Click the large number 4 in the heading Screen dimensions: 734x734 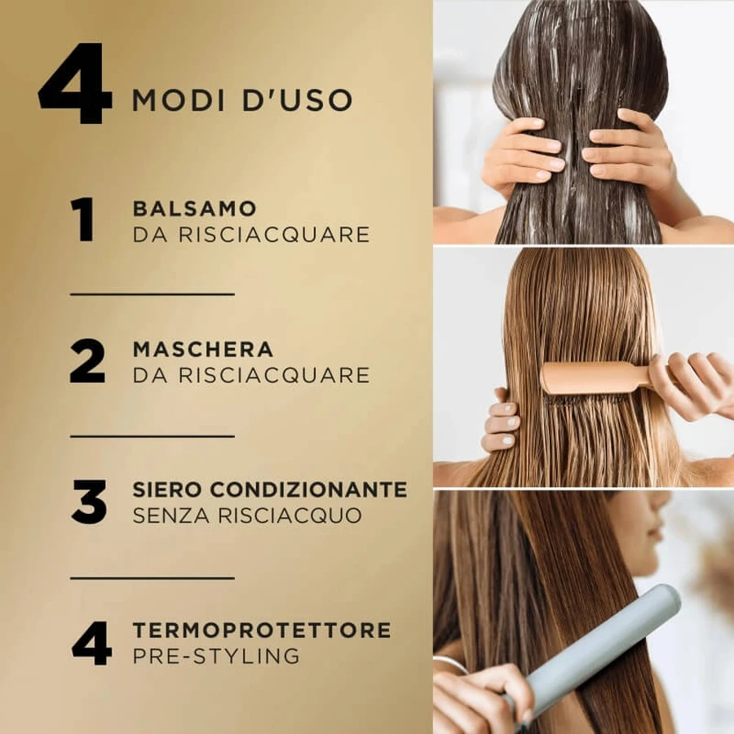pyautogui.click(x=75, y=84)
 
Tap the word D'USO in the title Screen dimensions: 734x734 pyautogui.click(x=297, y=99)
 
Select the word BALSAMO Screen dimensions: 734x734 pyautogui.click(x=195, y=209)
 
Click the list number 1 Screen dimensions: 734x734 pyautogui.click(x=83, y=219)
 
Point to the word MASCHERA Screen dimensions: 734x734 pyautogui.click(x=203, y=349)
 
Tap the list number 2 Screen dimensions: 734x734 pyautogui.click(x=87, y=361)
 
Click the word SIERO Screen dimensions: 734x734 pyautogui.click(x=167, y=489)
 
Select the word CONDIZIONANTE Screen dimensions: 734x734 pyautogui.click(x=308, y=489)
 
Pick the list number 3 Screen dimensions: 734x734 pyautogui.click(x=89, y=502)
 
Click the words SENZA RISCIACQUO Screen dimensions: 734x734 pyautogui.click(x=247, y=515)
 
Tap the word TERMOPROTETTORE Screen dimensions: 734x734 pyautogui.click(x=262, y=630)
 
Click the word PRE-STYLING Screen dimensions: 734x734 pyautogui.click(x=216, y=656)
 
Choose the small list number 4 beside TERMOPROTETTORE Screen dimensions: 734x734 pyautogui.click(x=91, y=643)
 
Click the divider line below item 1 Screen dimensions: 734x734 pyautogui.click(x=153, y=294)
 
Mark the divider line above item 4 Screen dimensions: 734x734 pyautogui.click(x=153, y=578)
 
